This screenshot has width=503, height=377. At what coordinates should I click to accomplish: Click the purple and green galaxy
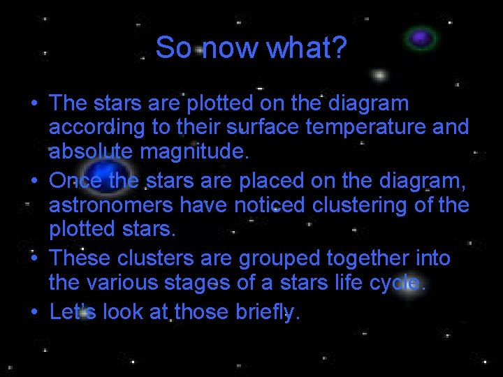pos(421,38)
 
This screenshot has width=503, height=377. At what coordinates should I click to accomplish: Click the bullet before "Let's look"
pos(34,312)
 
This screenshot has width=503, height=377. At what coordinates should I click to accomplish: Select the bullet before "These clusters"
pos(34,258)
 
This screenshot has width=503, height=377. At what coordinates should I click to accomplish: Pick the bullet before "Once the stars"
pos(34,181)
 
